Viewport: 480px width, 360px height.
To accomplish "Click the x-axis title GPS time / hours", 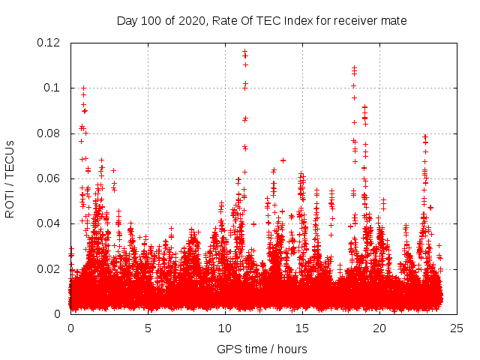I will click(x=262, y=349).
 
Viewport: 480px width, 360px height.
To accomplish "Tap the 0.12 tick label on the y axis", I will click(x=49, y=43).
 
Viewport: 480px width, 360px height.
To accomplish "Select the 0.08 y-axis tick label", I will click(x=49, y=133).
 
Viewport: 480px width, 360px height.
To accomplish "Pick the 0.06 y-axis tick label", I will click(x=49, y=178).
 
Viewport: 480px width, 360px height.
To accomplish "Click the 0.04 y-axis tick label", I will click(x=49, y=223).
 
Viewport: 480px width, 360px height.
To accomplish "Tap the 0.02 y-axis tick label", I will click(x=49, y=268).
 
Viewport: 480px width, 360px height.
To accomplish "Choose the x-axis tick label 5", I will click(x=148, y=328).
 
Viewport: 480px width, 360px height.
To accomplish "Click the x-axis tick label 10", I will click(x=225, y=328).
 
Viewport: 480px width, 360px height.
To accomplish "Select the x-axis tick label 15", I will click(x=302, y=328).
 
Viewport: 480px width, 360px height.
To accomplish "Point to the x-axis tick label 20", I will click(x=379, y=328).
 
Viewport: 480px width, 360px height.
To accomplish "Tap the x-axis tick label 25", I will click(x=457, y=328).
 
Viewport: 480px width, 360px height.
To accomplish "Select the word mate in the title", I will click(x=394, y=21).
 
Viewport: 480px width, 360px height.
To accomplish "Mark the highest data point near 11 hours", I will click(x=244, y=51).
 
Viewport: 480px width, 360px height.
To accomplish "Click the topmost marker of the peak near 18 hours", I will click(x=354, y=67).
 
